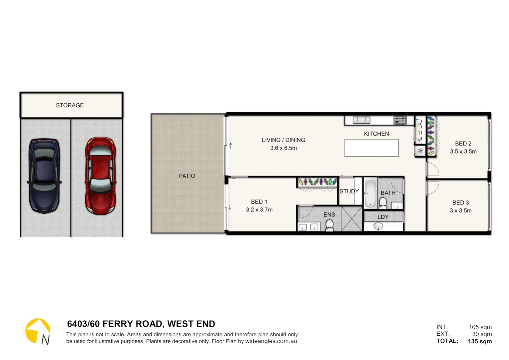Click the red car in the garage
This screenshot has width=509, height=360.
click(x=100, y=176)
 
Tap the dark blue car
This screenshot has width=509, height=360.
click(x=44, y=176)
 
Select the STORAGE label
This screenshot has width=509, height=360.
click(x=70, y=105)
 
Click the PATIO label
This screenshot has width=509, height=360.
click(x=187, y=176)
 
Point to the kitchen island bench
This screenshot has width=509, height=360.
click(x=371, y=148)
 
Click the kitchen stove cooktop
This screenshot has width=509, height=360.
click(x=400, y=120)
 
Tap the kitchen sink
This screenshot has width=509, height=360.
click(x=361, y=120)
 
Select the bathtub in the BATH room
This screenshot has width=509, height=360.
click(x=370, y=193)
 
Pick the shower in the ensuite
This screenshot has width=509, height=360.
click(x=351, y=219)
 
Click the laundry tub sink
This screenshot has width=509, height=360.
click(x=378, y=227)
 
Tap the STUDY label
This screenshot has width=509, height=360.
click(x=349, y=191)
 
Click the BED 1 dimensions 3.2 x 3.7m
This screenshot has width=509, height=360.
click(x=259, y=210)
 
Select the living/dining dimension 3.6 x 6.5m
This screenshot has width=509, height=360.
click(x=283, y=148)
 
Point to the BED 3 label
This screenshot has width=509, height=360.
click(x=460, y=203)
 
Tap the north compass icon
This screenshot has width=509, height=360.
click(x=38, y=331)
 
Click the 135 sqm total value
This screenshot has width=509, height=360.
click(x=480, y=341)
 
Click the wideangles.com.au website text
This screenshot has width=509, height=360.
click(x=271, y=341)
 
